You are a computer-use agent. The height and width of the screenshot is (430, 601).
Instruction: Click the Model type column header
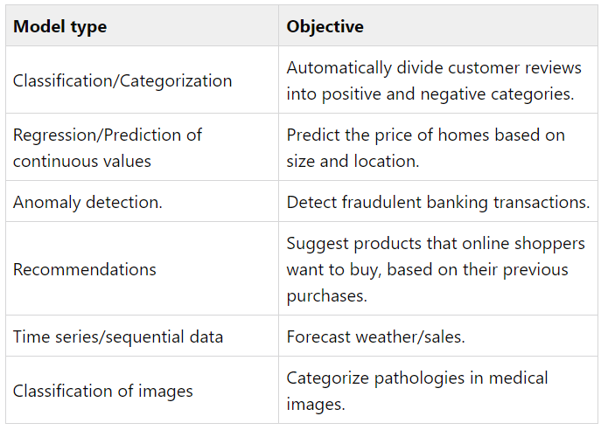click(59, 26)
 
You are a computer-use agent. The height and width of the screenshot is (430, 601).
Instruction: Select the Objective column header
click(325, 26)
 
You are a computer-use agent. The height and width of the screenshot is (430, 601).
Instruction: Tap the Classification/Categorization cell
click(122, 80)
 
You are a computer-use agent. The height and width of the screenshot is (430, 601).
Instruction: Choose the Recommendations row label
click(85, 269)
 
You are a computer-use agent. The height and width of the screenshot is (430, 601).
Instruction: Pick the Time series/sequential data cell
click(118, 336)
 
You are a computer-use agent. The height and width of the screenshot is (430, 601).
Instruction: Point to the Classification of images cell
click(103, 391)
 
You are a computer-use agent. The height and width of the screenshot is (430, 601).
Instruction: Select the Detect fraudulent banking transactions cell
click(438, 202)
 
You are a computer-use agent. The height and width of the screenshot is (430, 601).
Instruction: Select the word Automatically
click(339, 68)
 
